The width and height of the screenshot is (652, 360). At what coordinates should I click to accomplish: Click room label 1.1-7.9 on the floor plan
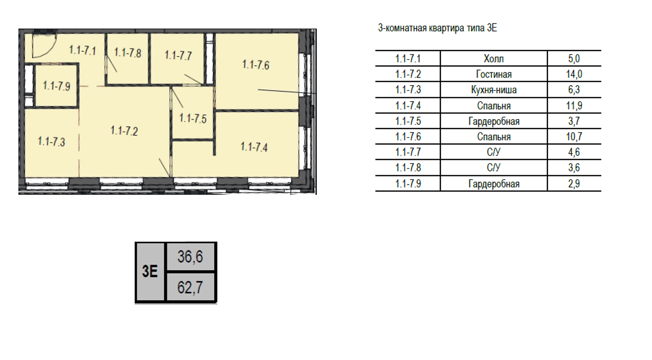pyautogui.click(x=57, y=86)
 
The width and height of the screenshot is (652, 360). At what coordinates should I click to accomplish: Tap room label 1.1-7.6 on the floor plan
pyautogui.click(x=256, y=64)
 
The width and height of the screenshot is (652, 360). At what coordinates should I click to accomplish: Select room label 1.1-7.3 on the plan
pyautogui.click(x=52, y=142)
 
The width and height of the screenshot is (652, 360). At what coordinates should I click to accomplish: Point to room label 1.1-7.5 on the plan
pyautogui.click(x=193, y=119)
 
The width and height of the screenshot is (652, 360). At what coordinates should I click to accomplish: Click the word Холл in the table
pyautogui.click(x=493, y=59)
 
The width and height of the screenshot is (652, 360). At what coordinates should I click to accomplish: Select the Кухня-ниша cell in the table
pyautogui.click(x=493, y=90)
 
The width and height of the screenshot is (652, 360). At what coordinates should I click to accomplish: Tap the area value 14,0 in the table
pyautogui.click(x=574, y=74)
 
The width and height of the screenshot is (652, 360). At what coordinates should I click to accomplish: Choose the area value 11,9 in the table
pyautogui.click(x=574, y=106)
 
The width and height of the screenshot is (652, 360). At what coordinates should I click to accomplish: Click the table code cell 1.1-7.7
pyautogui.click(x=408, y=152)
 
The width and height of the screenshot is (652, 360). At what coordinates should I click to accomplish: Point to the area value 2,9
pyautogui.click(x=574, y=184)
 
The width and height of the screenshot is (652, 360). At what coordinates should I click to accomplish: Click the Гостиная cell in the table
pyautogui.click(x=493, y=74)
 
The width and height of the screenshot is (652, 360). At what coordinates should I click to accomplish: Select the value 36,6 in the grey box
pyautogui.click(x=190, y=257)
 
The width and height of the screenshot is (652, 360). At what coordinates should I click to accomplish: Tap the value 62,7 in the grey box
pyautogui.click(x=190, y=288)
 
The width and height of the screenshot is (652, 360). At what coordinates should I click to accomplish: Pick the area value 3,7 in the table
pyautogui.click(x=574, y=121)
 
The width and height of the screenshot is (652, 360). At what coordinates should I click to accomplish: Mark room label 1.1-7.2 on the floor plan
pyautogui.click(x=124, y=131)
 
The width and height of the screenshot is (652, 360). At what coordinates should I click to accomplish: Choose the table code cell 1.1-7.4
pyautogui.click(x=408, y=106)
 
